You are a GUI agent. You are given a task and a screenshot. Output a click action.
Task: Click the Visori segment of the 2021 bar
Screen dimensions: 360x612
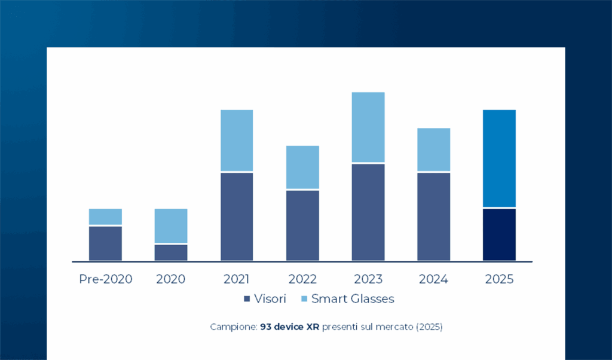237,216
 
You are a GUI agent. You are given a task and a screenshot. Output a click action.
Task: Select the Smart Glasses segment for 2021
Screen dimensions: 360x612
237,141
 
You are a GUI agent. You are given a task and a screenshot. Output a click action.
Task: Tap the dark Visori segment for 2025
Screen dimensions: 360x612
499,234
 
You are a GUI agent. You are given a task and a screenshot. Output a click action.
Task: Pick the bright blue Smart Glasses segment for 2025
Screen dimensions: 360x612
499,158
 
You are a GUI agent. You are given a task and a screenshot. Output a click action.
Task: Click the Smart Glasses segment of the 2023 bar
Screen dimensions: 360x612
368,127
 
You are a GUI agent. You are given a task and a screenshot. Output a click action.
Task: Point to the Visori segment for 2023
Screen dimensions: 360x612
368,212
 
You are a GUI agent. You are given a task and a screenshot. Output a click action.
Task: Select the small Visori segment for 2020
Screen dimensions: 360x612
171,252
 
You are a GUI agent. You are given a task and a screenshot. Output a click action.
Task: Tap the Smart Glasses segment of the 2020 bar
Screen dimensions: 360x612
171,225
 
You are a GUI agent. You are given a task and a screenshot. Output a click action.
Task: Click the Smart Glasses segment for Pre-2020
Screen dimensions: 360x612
105,216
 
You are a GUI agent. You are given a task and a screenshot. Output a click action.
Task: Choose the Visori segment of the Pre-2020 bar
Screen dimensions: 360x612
105,243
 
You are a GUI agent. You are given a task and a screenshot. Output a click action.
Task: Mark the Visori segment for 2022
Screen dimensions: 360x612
302,225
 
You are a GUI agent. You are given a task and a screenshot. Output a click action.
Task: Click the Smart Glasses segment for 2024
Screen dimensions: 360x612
433,150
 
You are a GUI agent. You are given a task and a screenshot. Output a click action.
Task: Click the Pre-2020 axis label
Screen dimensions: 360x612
105,279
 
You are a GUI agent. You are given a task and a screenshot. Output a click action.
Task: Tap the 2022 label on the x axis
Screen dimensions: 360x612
302,279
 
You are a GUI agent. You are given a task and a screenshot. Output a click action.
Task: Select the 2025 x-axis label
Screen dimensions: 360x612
499,279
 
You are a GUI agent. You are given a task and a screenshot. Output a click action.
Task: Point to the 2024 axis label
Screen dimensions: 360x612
433,279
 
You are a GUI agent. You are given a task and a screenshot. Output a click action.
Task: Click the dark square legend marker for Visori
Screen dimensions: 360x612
246,299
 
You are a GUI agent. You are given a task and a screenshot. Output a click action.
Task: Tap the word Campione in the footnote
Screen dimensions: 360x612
233,328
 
